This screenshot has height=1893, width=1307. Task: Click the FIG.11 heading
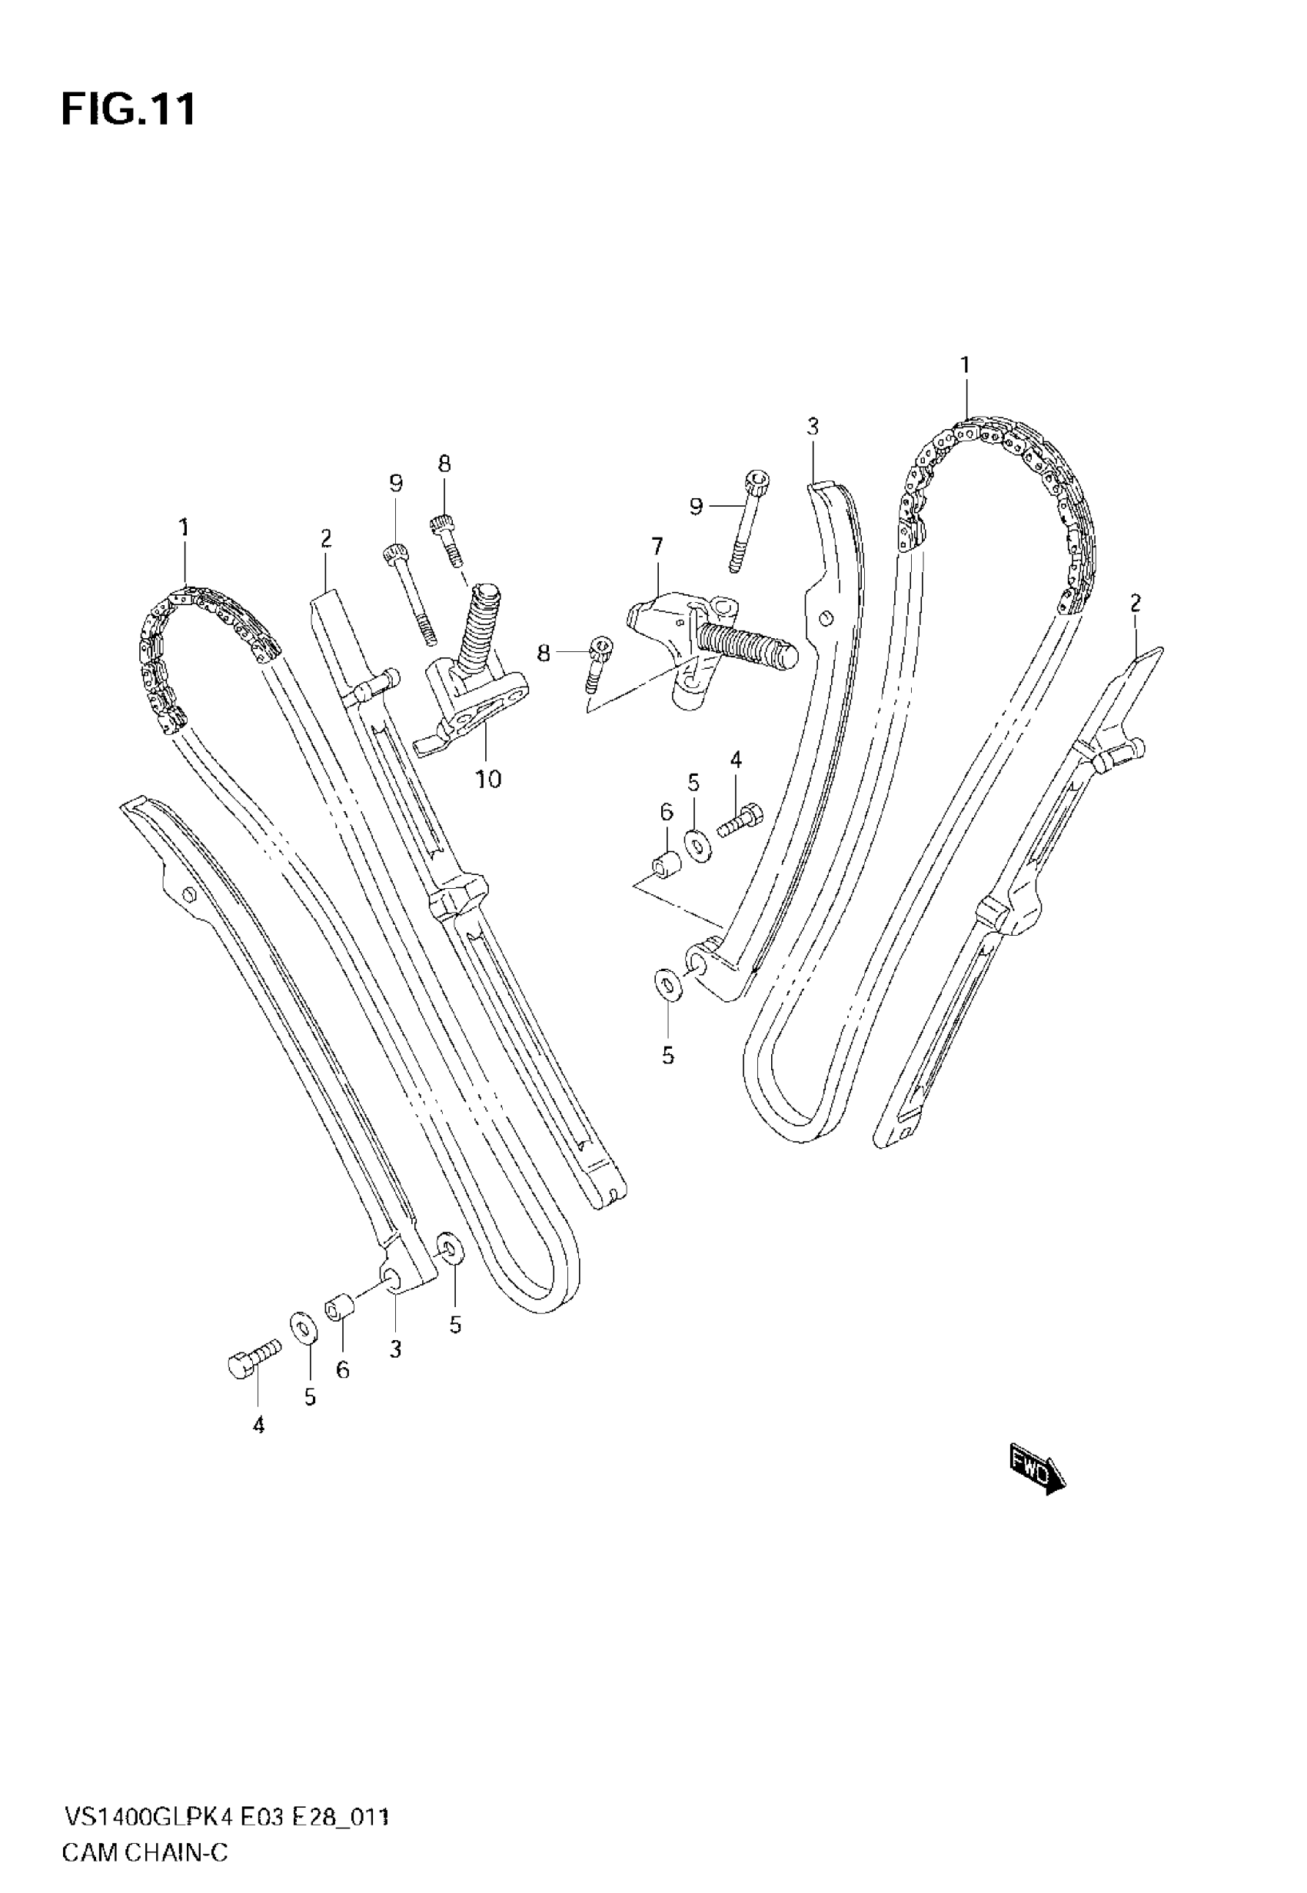pos(128,111)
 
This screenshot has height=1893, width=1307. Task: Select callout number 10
pos(488,779)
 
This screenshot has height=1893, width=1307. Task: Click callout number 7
pos(657,546)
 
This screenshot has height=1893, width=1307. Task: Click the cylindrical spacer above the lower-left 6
pos(339,1308)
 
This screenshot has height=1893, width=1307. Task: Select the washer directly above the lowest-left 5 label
pos(303,1327)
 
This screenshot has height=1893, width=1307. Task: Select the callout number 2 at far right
pos(1135,604)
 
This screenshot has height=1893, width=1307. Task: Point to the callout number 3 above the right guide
pos(812,426)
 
